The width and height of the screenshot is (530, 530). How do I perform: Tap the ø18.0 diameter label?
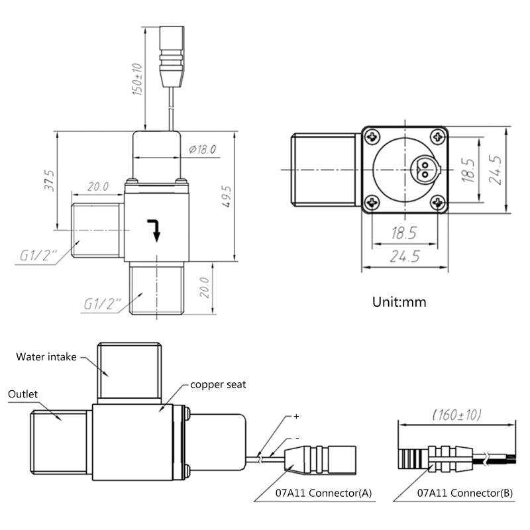pyautogui.click(x=202, y=149)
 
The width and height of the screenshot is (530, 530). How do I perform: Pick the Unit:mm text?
pyautogui.click(x=399, y=302)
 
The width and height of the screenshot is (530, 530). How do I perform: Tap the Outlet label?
pyautogui.click(x=23, y=394)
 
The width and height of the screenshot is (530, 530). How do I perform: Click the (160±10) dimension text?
pyautogui.click(x=457, y=415)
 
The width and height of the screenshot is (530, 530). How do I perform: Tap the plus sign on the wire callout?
pyautogui.click(x=296, y=417)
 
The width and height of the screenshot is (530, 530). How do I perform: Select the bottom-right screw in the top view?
pyautogui.click(x=437, y=202)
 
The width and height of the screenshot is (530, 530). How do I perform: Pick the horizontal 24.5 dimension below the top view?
pyautogui.click(x=405, y=257)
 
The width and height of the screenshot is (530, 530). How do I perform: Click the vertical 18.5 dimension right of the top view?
pyautogui.click(x=468, y=170)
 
